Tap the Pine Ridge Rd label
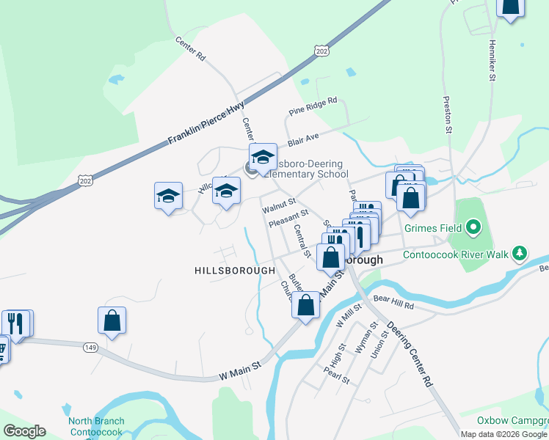pos(312,106)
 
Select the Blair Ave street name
pos(302,137)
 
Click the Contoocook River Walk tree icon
pos(520,253)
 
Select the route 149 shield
pos(90,347)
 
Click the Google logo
pos(24,431)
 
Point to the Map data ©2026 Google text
pos(503,434)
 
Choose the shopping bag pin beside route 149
pos(112,320)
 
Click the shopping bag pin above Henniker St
pos(511,6)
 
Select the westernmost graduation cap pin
pos(168,196)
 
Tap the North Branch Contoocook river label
pos(97,427)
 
